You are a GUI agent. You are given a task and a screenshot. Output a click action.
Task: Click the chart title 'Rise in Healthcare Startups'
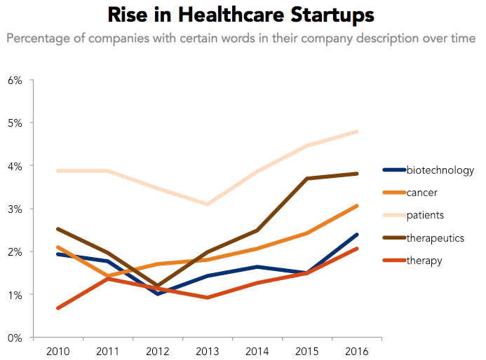coord(241,15)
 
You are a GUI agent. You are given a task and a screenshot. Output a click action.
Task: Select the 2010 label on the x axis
coord(58,349)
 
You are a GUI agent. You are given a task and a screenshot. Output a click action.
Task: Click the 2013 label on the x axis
coord(208,349)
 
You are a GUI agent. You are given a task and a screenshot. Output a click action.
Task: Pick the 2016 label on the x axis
coord(357,349)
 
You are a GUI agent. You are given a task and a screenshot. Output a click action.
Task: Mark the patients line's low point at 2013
coord(208,205)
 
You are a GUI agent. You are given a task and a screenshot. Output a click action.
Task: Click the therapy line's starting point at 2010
coord(58,308)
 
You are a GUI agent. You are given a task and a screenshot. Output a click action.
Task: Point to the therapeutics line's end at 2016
coord(357,174)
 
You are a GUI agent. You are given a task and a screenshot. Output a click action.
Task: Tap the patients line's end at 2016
coord(357,132)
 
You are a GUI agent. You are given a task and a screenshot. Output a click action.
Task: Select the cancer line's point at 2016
coord(357,206)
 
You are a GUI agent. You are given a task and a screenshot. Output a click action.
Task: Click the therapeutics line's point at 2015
coord(307,179)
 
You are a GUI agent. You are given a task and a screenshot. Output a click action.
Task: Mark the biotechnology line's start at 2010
coord(58,254)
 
